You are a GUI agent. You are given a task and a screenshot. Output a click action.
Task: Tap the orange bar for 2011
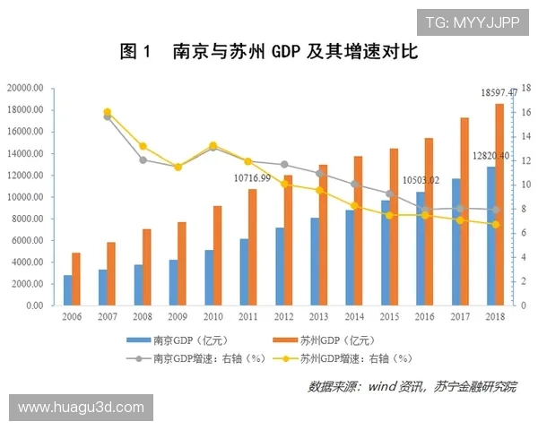(252, 247)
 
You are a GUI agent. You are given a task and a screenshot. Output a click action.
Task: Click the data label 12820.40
(490, 156)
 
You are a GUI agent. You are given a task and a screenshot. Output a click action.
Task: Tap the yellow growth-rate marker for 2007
(108, 112)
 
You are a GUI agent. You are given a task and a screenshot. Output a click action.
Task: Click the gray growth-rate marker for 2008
(143, 160)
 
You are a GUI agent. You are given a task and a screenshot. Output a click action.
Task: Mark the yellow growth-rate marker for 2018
(495, 224)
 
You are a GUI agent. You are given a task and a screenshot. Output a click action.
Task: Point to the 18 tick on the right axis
(526, 88)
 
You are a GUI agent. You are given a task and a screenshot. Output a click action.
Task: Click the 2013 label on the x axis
(319, 316)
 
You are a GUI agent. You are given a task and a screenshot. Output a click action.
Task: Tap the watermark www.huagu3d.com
(81, 408)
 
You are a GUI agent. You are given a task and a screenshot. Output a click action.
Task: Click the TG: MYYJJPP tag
(472, 21)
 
